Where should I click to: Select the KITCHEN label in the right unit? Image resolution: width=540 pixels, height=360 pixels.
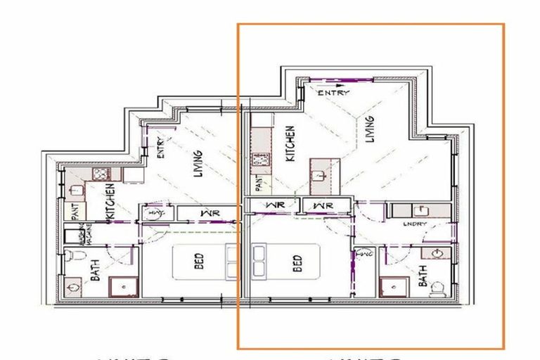pos(290,143)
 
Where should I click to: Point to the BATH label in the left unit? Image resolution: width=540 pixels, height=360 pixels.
pos(95,271)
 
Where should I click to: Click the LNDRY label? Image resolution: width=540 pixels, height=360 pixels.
pos(416,224)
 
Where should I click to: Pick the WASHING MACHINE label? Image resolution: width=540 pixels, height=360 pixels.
pos(81,233)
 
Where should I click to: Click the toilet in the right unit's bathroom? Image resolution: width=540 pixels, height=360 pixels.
pos(437,288)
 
